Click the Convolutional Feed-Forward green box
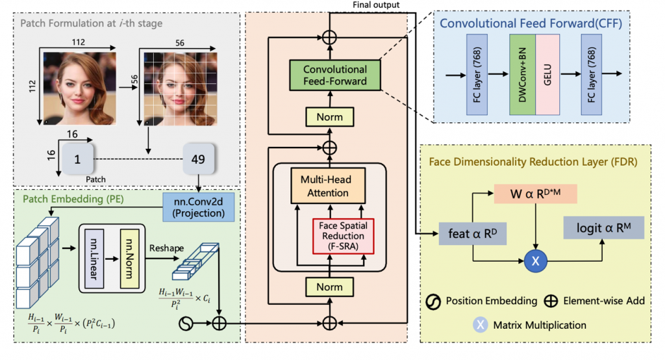334,75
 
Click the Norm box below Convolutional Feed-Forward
330,118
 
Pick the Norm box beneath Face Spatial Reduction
329,287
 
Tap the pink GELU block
547,75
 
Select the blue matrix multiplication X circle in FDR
536,262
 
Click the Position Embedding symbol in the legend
434,302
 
